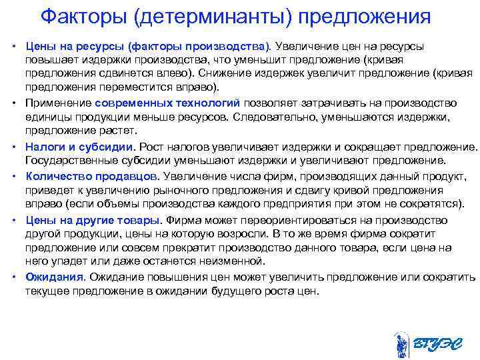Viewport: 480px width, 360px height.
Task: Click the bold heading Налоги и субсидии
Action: tap(80, 147)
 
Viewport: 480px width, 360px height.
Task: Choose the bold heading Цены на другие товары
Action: tap(93, 220)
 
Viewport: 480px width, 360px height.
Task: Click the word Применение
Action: tap(59, 103)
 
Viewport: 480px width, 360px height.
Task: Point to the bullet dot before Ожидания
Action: tap(14, 277)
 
